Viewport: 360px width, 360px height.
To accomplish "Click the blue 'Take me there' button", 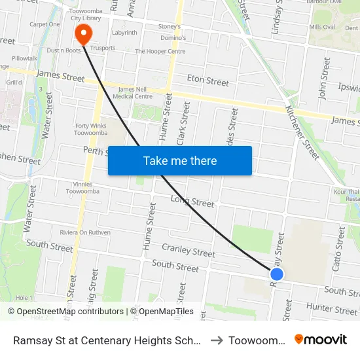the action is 180,161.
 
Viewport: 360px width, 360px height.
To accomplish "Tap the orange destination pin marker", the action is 83,33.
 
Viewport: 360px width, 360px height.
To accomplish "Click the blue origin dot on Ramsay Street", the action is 277,275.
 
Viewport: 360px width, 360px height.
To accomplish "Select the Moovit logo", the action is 321,340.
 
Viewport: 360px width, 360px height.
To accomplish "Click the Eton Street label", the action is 208,81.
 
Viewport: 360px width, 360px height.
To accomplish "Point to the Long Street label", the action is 192,201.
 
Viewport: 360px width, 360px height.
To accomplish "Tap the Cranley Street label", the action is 189,250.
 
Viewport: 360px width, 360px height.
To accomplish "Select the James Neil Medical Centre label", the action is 135,93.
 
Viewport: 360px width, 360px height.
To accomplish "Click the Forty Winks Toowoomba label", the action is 90,128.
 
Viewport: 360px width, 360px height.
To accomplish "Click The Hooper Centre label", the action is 160,51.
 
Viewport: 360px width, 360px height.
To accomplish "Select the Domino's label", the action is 173,38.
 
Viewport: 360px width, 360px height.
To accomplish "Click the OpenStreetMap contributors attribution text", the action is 65,312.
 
